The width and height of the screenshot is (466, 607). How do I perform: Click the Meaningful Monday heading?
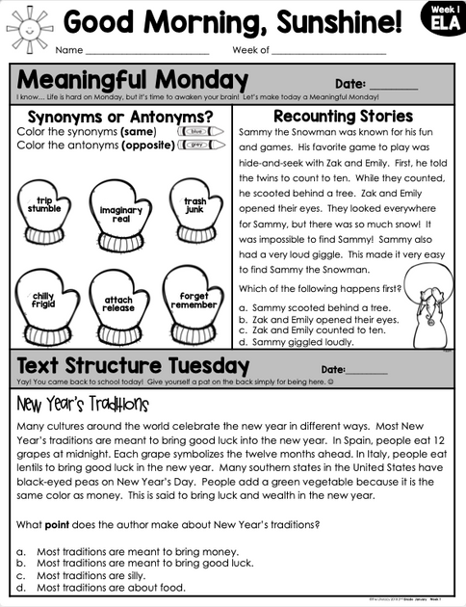pos(133,79)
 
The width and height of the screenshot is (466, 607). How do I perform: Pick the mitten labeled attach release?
pos(118,304)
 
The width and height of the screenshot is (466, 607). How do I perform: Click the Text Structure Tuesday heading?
pos(134,366)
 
